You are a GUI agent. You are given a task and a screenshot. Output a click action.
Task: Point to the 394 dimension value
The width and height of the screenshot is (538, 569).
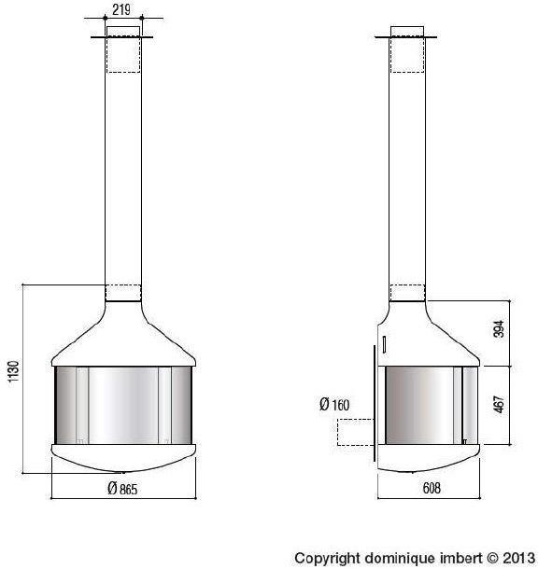coord(499,329)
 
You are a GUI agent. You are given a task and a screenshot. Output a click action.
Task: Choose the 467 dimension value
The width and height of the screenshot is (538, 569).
coord(499,407)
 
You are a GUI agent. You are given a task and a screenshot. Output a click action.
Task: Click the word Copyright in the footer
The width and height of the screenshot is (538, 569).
coord(326,558)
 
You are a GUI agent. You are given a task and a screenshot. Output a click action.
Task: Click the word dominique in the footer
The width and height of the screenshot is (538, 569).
coord(395,558)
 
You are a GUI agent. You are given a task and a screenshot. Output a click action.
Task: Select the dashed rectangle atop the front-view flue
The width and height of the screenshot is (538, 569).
coord(124,52)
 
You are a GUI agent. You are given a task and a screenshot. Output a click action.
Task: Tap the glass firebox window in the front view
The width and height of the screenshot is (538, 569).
coord(123,405)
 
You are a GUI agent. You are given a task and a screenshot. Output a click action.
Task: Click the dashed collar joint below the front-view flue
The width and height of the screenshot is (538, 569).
coord(124,293)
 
